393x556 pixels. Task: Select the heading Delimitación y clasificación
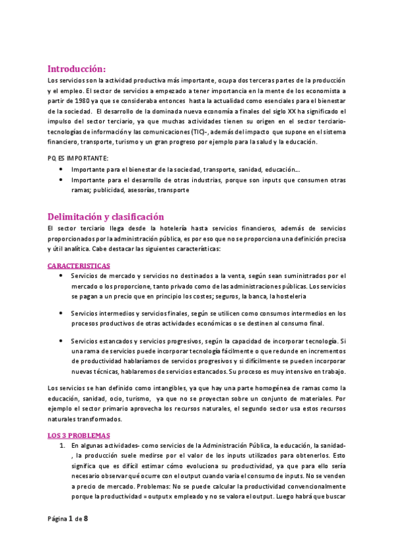(x=106, y=216)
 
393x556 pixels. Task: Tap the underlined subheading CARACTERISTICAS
(x=79, y=266)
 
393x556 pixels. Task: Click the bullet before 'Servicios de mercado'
(x=62, y=275)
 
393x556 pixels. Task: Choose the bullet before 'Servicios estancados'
(x=62, y=341)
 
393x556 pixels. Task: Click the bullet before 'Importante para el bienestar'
(x=62, y=169)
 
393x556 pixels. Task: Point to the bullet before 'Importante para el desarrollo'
(x=62, y=179)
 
